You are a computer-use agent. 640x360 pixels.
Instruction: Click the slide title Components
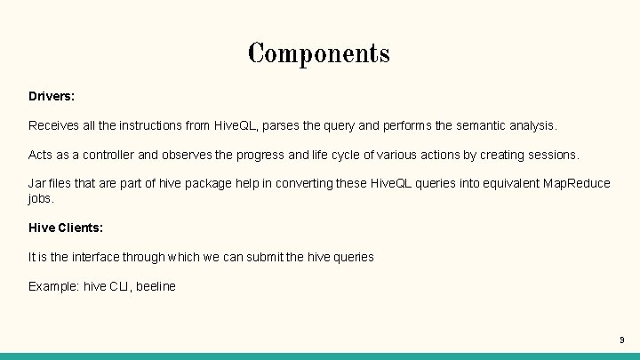pos(319,53)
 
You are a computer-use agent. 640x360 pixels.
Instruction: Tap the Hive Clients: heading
pos(66,228)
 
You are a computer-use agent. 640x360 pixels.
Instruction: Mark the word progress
pos(261,155)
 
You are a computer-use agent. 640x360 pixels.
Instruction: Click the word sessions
pos(553,155)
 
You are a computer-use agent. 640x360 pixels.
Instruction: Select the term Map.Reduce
pos(579,183)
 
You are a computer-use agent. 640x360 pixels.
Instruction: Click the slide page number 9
pos(621,340)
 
